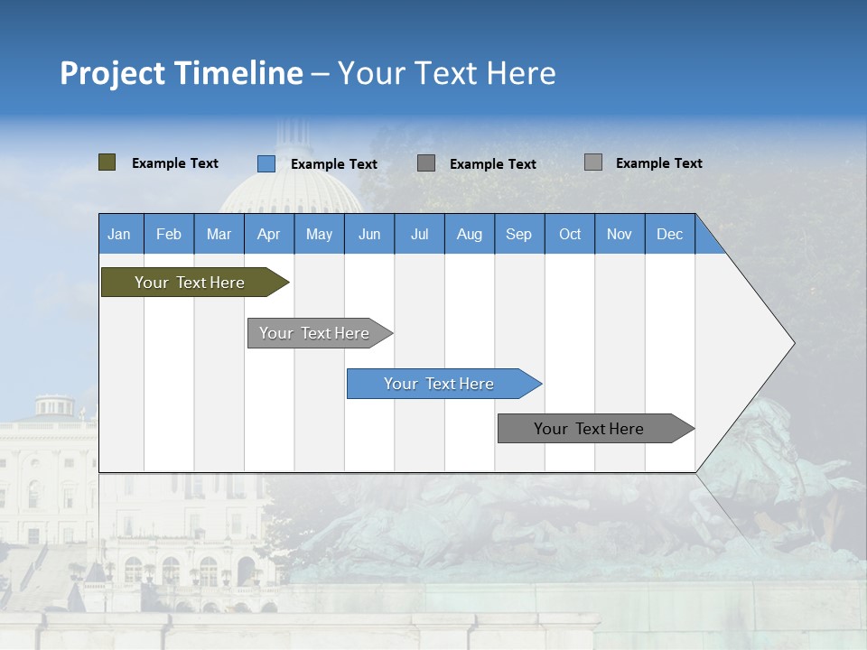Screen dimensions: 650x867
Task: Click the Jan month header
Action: (120, 234)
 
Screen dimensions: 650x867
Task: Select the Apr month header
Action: (269, 234)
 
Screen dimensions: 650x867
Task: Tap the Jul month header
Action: (419, 234)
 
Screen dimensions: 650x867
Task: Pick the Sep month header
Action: (519, 234)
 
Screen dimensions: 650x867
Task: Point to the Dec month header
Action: (669, 234)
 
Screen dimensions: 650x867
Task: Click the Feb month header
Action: (169, 234)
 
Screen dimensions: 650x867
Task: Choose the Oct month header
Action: (570, 234)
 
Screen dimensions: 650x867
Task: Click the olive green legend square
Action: (107, 162)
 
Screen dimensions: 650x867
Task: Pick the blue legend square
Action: (266, 163)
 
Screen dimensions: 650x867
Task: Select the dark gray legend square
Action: (426, 163)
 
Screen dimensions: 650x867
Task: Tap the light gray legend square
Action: (593, 162)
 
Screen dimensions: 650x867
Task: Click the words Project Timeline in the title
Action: (182, 73)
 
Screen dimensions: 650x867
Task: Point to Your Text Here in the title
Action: (447, 73)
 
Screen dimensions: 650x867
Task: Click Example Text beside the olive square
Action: (175, 163)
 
